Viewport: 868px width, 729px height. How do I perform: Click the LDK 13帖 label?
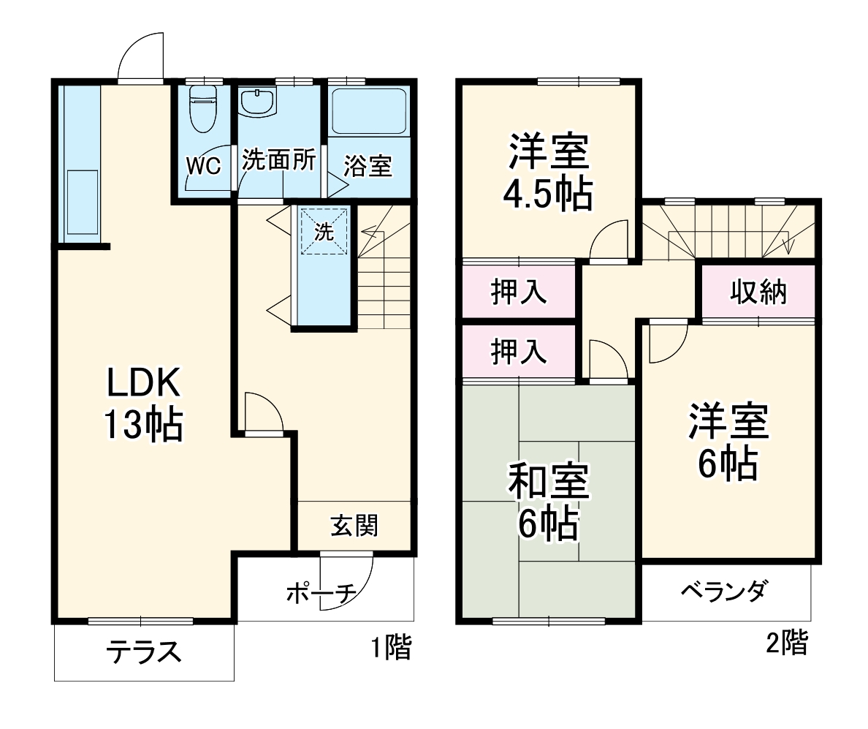[143, 404]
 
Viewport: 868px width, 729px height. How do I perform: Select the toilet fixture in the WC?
[202, 108]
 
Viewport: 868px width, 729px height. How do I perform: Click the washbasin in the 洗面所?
[257, 102]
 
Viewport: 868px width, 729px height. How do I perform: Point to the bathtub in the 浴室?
[368, 111]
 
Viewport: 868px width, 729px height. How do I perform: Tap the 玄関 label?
[354, 526]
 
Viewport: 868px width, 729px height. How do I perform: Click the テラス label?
[143, 650]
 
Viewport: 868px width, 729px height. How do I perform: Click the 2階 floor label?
[787, 643]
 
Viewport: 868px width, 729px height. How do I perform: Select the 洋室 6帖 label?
[727, 442]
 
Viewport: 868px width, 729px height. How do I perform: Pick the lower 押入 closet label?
[519, 352]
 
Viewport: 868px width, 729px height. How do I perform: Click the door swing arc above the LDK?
[139, 55]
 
